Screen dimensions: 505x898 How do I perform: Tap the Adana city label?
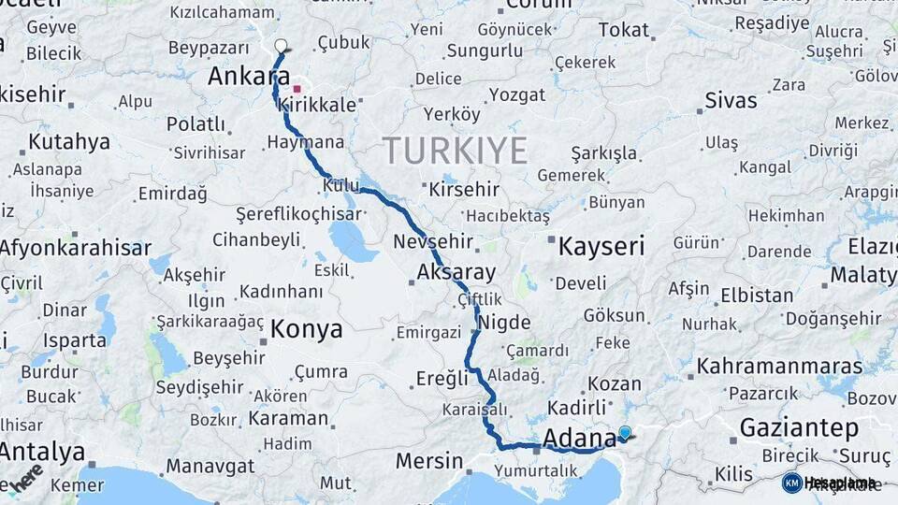(x=578, y=438)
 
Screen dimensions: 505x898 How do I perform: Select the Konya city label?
(x=306, y=329)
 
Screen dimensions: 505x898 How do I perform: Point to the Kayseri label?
(x=601, y=247)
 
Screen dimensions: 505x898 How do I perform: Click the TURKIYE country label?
(x=455, y=150)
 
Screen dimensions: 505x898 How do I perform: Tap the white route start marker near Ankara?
(x=281, y=45)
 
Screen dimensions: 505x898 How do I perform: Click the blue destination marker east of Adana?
(x=625, y=432)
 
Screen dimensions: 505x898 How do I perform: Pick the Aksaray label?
(x=456, y=272)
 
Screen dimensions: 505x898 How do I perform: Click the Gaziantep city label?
(x=799, y=428)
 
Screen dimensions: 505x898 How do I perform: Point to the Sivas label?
(x=731, y=100)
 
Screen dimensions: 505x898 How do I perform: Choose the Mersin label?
(x=429, y=461)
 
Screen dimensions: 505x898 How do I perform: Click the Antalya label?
(x=41, y=453)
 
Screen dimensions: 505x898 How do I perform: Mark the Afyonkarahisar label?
(x=75, y=248)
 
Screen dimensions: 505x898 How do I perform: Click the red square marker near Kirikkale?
(x=297, y=90)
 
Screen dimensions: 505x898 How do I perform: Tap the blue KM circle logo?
(x=791, y=483)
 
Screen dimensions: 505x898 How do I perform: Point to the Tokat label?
(x=623, y=30)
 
